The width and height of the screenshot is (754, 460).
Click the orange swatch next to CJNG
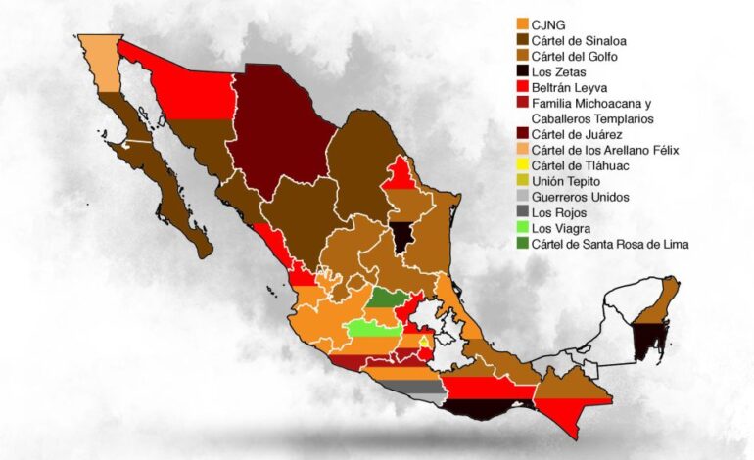point(521,25)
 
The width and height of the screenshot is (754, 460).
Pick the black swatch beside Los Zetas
point(521,72)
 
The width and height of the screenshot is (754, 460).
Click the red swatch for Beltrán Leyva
point(521,88)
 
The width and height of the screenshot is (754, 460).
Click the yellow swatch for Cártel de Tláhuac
point(521,165)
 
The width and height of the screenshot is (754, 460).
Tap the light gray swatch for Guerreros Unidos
point(521,197)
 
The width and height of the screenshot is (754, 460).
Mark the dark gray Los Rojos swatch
point(521,212)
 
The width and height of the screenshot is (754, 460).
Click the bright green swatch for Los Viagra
point(521,228)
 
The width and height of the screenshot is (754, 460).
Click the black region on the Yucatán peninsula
point(648,338)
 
